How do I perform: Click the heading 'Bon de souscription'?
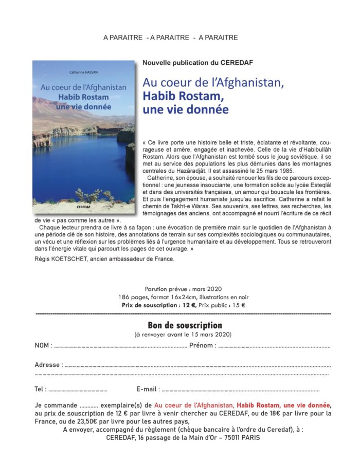click(185, 325)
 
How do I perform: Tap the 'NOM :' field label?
click(44, 345)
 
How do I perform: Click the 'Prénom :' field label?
click(203, 345)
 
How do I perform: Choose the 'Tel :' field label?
click(41, 389)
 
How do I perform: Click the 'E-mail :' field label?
click(149, 389)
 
